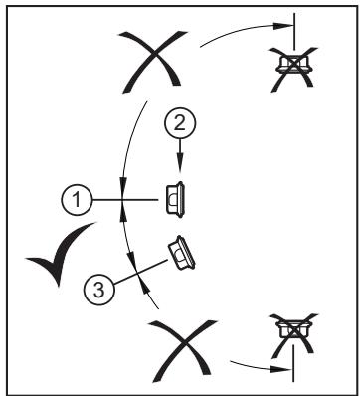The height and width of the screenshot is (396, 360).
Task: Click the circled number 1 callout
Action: [x=77, y=200]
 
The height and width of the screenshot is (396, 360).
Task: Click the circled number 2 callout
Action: [x=180, y=123]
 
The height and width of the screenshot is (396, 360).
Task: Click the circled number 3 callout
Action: [x=99, y=290]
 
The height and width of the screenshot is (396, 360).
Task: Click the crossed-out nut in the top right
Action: [x=293, y=68]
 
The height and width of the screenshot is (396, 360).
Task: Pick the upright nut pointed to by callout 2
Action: [x=175, y=200]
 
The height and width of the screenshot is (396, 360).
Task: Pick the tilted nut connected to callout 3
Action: [x=181, y=253]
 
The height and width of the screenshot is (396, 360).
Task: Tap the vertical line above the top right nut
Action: [x=294, y=32]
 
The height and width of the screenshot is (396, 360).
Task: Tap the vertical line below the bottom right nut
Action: [x=293, y=363]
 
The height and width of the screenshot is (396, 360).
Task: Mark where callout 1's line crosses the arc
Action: [x=122, y=200]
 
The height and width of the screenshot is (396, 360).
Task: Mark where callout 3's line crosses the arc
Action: [x=137, y=274]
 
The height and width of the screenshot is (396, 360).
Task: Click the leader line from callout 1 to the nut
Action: [x=124, y=200]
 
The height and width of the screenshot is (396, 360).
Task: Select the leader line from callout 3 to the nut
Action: [x=140, y=272]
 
